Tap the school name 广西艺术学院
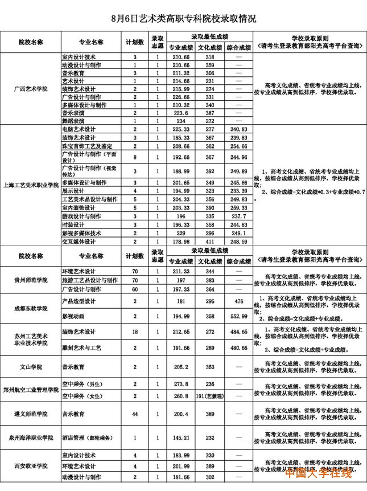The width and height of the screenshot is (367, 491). [31, 89]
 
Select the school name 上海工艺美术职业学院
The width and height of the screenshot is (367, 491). [31, 185]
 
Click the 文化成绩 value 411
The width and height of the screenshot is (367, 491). [209, 242]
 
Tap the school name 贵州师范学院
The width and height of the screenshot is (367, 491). [31, 280]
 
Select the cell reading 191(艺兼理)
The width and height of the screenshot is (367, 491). [209, 395]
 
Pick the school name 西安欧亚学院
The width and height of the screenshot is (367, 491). [31, 466]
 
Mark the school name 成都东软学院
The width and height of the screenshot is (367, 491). [31, 308]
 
